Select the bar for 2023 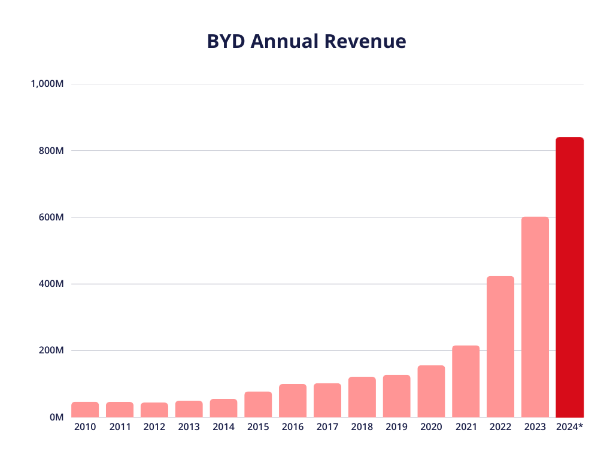(x=535, y=317)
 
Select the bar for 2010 (x=85, y=409)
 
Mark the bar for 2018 (x=362, y=397)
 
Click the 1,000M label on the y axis (x=47, y=84)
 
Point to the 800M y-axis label (x=51, y=151)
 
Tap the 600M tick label (x=51, y=217)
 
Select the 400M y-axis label (x=51, y=284)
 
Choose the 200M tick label (x=51, y=350)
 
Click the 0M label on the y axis (x=56, y=417)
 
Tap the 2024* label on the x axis (x=569, y=427)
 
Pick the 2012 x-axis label (x=154, y=427)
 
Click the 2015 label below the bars (x=258, y=427)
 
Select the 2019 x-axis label (x=396, y=427)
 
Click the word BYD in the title (x=226, y=41)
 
